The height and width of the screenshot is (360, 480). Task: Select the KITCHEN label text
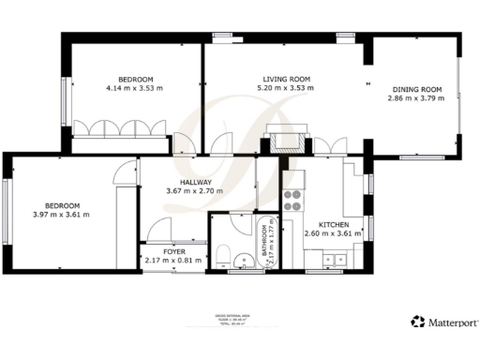[335, 225]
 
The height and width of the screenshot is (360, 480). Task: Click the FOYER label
[174, 251]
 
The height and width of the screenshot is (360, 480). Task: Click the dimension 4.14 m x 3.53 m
[136, 88]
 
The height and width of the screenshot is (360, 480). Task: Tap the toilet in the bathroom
[222, 254]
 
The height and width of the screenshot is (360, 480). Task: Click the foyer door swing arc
[159, 228]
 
